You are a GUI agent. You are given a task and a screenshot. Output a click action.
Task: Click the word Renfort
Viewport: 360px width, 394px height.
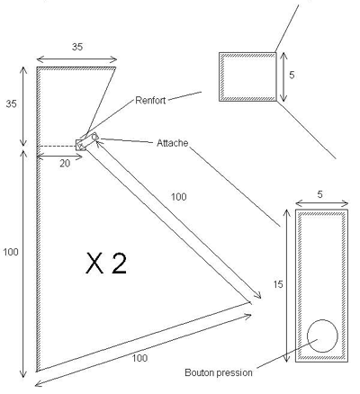[150, 100]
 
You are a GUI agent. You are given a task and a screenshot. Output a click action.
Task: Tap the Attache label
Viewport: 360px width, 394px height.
[173, 143]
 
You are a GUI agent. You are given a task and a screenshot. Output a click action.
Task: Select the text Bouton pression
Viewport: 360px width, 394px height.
[219, 372]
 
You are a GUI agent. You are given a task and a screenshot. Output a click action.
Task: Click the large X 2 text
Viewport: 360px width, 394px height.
[106, 264]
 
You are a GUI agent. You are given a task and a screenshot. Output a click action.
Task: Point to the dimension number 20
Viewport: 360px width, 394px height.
[65, 164]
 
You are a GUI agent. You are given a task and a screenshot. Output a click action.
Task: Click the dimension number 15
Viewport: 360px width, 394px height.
[278, 284]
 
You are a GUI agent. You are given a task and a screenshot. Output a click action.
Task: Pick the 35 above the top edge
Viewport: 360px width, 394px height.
[77, 47]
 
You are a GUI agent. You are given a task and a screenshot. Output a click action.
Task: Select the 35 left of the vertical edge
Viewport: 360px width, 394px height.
[12, 104]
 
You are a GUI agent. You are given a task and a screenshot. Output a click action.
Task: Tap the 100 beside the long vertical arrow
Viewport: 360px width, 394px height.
[11, 252]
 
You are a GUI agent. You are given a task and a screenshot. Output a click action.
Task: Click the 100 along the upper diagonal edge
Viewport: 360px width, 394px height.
[179, 197]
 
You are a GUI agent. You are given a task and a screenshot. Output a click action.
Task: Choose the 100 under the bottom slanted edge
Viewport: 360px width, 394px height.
[139, 358]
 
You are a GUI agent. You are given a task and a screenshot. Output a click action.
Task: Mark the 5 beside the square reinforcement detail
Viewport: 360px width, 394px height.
[292, 75]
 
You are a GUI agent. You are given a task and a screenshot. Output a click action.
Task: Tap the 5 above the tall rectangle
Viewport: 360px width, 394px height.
[319, 194]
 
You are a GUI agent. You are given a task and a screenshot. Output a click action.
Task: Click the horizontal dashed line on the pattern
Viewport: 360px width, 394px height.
[57, 147]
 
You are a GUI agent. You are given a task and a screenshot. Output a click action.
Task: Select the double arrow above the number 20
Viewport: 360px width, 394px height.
[59, 157]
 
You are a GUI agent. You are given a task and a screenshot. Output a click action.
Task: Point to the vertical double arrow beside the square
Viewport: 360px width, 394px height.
[283, 76]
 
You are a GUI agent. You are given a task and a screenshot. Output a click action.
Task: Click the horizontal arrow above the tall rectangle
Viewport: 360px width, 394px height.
[322, 203]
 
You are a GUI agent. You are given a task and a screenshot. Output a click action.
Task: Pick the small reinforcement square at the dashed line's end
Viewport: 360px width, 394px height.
[81, 145]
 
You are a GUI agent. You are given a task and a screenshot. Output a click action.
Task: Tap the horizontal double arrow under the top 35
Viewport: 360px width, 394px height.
[76, 59]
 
